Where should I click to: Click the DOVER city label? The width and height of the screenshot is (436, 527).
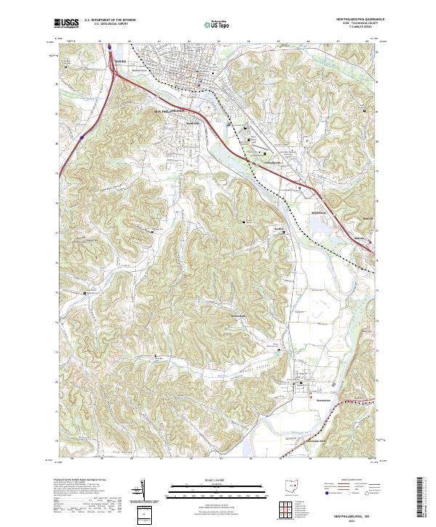click(x=121, y=61)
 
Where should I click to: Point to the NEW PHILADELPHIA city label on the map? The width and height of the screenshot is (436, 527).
click(x=172, y=110)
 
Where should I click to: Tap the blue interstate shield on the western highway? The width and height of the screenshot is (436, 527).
click(x=82, y=135)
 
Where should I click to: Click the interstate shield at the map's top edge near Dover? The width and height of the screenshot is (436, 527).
click(x=109, y=48)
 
